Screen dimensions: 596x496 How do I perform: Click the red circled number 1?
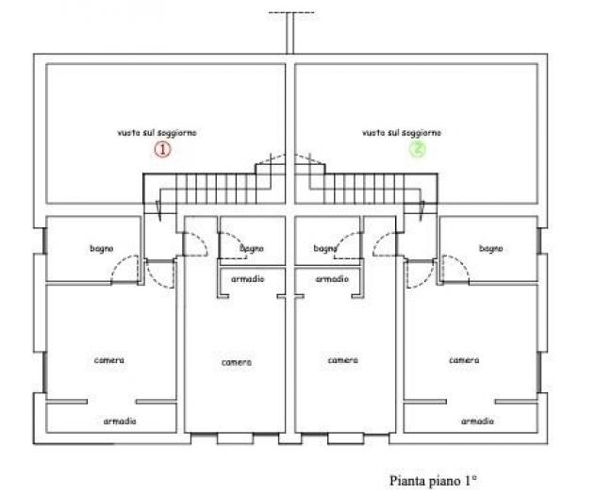tap(163, 149)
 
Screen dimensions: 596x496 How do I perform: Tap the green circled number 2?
tap(418, 149)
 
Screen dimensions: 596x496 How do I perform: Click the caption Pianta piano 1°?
tap(433, 480)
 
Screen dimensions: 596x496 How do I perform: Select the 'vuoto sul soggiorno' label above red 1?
tap(157, 133)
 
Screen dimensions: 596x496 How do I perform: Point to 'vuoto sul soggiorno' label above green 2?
tap(402, 133)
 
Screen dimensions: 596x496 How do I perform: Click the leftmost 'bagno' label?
tap(102, 249)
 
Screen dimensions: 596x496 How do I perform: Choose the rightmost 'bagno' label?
tap(491, 249)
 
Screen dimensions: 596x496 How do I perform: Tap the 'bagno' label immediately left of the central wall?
tap(252, 249)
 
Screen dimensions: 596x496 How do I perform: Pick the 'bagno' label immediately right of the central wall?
tap(325, 249)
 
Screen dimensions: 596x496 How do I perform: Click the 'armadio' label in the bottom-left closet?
tap(120, 422)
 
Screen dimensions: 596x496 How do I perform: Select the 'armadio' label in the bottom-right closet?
tap(477, 422)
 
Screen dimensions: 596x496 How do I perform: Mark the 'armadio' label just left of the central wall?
tap(247, 279)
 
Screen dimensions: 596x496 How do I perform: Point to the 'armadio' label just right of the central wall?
tap(332, 279)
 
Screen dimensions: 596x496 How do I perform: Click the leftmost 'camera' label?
tap(109, 360)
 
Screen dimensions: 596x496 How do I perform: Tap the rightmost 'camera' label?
tap(464, 360)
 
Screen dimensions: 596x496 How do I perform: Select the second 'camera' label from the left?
tap(237, 363)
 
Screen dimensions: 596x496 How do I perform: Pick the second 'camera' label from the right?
tap(343, 360)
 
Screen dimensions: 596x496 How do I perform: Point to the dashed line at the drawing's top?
tap(291, 12)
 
